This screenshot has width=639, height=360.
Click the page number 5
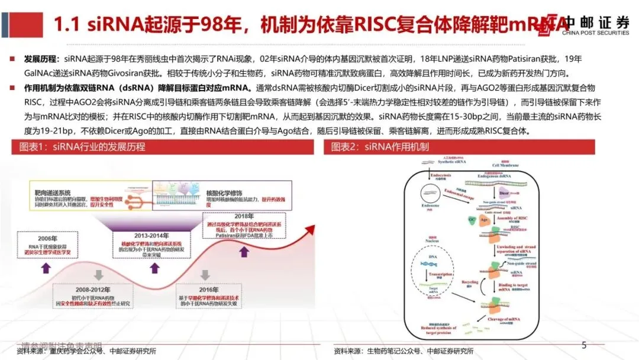point(584,345)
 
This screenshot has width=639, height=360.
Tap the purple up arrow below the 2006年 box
point(46,267)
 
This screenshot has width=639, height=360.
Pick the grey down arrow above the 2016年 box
point(205,275)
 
